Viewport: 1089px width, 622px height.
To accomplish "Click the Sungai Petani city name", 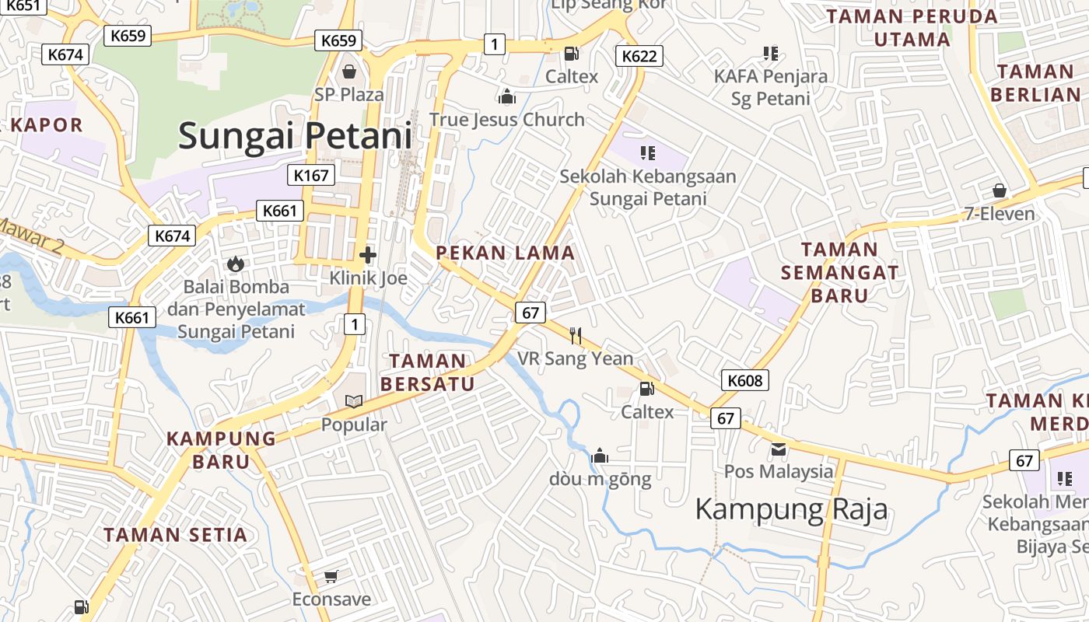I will pos(295,136).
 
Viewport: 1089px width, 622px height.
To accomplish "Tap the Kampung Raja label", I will pos(791,510).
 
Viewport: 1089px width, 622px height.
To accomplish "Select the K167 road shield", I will pos(311,175).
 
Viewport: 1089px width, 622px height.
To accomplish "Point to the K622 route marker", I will pos(639,56).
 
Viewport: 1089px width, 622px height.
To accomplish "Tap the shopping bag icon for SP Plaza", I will pos(349,72).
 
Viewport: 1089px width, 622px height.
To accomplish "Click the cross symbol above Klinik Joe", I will pos(368,254).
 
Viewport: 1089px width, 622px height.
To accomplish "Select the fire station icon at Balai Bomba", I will pos(236,264).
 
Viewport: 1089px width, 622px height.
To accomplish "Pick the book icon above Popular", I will pos(354,402).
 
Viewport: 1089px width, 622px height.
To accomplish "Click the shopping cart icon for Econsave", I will pos(331,576).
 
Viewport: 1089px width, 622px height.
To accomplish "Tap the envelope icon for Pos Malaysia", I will pos(779,449).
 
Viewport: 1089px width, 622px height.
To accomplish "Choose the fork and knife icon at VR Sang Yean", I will pos(576,335).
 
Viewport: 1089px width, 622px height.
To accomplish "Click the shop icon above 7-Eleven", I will pos(1000,190).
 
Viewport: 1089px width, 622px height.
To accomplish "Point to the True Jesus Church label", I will pos(507,120).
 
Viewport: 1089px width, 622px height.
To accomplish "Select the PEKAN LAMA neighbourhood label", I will pos(505,253).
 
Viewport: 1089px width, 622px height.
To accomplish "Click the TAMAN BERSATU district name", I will pos(427,372).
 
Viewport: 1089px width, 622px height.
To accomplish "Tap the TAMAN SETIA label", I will pos(176,535).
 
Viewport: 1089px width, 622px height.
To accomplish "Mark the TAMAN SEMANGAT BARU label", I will pos(839,272).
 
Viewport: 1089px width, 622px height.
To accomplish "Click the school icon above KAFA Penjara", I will pos(771,54).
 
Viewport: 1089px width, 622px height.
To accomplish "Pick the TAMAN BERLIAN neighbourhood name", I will pos(1035,83).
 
